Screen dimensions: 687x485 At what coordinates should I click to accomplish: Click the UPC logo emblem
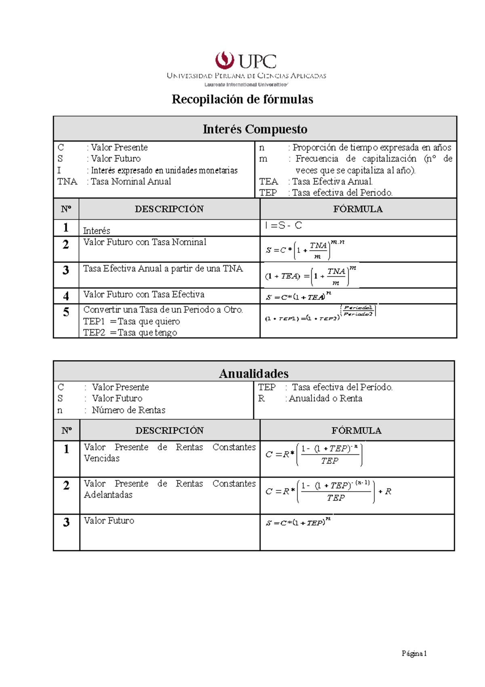(x=225, y=61)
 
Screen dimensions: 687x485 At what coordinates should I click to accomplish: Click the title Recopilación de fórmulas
(x=242, y=99)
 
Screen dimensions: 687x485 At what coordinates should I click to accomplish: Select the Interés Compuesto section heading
(x=255, y=129)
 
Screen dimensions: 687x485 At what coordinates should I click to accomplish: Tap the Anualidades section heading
(x=254, y=373)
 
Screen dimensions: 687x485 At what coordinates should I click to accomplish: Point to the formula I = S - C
(x=283, y=226)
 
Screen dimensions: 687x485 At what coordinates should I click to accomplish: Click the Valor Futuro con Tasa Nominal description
(x=145, y=242)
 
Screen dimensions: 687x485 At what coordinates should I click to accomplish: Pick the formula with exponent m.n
(x=305, y=249)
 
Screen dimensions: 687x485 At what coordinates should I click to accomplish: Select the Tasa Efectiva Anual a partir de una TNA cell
(x=163, y=269)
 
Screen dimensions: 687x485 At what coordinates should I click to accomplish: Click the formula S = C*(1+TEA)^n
(x=298, y=297)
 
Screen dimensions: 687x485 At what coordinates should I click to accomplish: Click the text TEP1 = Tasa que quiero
(x=132, y=321)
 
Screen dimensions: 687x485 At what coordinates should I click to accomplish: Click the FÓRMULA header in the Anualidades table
(x=356, y=430)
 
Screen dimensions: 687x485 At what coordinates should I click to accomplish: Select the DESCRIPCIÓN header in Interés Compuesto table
(x=169, y=209)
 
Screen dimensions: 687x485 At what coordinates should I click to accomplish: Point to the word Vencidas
(x=102, y=458)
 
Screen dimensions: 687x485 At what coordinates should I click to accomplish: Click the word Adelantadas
(x=108, y=495)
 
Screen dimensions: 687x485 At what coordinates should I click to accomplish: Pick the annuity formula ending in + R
(x=328, y=491)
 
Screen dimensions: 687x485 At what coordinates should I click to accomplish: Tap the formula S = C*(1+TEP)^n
(x=298, y=522)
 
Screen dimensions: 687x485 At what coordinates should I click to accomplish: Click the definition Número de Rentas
(x=129, y=410)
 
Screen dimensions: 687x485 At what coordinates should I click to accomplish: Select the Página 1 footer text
(x=414, y=653)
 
